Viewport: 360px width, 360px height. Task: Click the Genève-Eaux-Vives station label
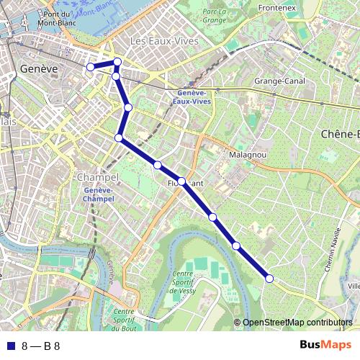click(x=191, y=98)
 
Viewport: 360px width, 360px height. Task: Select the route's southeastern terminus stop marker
click(x=269, y=278)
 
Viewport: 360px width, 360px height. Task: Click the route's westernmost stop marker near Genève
click(x=90, y=67)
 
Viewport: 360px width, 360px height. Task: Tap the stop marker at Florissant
click(x=181, y=181)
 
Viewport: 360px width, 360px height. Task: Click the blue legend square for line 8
click(x=9, y=346)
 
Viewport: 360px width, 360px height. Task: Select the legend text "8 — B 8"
click(x=41, y=346)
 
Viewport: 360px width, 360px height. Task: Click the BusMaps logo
click(x=325, y=345)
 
